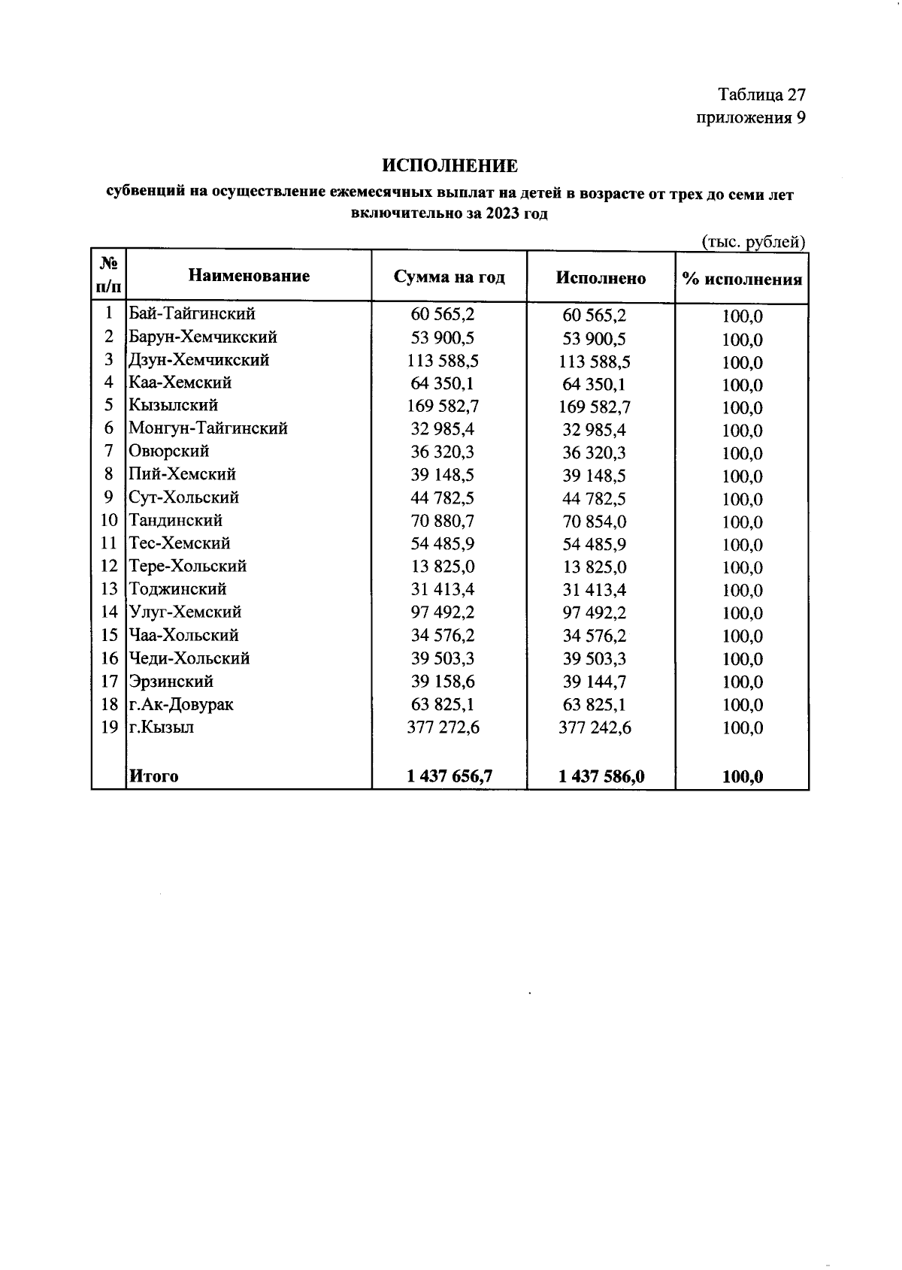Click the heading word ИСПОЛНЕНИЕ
(449, 165)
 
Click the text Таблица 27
(761, 95)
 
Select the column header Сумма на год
(449, 277)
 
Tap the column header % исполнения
(742, 280)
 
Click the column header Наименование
(249, 276)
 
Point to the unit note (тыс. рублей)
(753, 242)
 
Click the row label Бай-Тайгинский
(192, 313)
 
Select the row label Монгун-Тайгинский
(208, 428)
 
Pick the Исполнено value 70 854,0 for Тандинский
(594, 522)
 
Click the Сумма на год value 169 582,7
(443, 407)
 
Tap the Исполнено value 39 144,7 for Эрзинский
(594, 682)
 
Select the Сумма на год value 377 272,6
(443, 727)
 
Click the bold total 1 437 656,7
(449, 776)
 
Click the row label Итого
(153, 776)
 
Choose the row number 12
(109, 567)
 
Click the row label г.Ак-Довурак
(180, 705)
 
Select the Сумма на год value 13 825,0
(443, 567)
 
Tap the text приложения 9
(751, 118)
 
